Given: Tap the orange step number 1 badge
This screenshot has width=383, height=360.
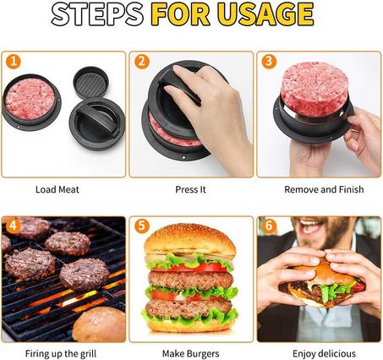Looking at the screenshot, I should [x=12, y=62].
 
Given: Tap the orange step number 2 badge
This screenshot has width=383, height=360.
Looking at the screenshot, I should [x=141, y=62].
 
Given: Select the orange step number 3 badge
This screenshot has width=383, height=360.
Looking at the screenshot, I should [x=269, y=62].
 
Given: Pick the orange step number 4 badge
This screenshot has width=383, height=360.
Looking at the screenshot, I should [x=12, y=226].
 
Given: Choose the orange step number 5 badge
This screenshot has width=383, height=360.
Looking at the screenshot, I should [x=141, y=226].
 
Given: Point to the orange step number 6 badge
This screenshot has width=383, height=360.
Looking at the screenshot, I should [x=269, y=226].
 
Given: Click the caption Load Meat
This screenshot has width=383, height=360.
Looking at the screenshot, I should [x=57, y=189].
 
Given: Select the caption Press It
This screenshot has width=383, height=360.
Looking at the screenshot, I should [x=190, y=189].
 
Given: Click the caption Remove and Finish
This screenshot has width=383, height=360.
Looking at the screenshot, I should [x=319, y=189].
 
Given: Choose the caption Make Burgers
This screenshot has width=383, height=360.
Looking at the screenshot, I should [x=190, y=353].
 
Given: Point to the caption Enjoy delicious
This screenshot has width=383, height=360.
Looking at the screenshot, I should [x=319, y=353].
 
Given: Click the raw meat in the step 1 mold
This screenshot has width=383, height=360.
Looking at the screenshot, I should [x=30, y=98].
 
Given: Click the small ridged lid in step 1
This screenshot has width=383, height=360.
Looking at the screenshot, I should [x=90, y=82].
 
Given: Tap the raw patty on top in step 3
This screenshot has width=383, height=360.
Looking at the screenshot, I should [x=314, y=87].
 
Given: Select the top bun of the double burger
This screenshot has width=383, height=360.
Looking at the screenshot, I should [x=189, y=241].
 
